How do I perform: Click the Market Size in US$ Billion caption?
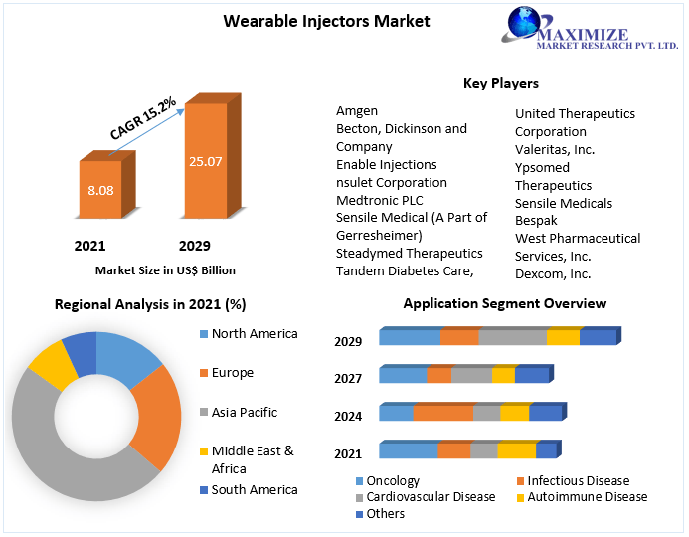165,269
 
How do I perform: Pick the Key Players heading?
500,83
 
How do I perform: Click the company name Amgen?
357,111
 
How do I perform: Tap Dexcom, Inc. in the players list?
553,273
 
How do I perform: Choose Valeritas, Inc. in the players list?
555,149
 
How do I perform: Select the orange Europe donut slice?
158,418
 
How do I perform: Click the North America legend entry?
254,334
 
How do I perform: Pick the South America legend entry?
254,489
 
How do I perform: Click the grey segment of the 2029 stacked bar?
512,337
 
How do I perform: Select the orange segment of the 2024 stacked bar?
442,413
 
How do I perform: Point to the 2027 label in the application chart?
348,378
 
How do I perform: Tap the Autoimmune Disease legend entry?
587,497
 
